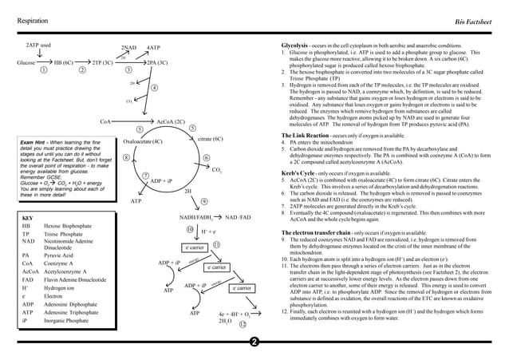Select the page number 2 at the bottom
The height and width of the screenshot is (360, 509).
click(x=254, y=344)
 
